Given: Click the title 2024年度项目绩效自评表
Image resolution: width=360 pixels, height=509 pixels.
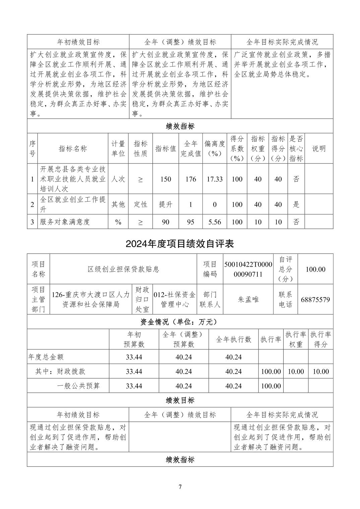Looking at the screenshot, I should (180, 243).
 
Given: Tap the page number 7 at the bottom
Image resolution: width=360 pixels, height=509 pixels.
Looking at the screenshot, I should (180, 487).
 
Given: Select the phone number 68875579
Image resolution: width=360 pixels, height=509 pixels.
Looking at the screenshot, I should (315, 299).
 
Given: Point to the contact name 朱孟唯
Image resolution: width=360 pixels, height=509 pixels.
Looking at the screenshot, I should (248, 299).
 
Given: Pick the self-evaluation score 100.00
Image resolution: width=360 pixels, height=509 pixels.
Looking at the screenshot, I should (315, 269).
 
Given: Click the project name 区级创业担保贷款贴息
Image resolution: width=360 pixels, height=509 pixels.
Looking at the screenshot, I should (123, 269).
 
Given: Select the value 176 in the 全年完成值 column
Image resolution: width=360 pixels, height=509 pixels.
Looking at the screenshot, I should (190, 179).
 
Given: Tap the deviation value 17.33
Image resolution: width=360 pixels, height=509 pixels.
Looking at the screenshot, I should (215, 179).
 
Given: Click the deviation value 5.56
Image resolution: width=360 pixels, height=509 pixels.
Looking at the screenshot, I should (215, 222).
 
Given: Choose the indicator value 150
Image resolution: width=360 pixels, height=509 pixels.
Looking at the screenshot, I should (166, 179).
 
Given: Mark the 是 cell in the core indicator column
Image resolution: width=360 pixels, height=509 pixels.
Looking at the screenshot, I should (296, 204).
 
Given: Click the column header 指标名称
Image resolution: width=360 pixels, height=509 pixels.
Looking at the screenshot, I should (73, 149).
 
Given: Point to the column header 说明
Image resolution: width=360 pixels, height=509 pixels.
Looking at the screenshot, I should (319, 149).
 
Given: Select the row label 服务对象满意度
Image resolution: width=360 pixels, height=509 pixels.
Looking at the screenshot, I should (65, 222).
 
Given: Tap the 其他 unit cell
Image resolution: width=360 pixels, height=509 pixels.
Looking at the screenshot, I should (118, 204).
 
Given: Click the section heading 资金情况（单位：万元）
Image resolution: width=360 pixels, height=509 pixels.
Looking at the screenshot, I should (180, 322).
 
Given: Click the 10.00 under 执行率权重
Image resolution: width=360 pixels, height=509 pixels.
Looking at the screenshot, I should (296, 371).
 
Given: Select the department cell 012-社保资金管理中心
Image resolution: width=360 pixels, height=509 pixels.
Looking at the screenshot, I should (175, 299).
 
